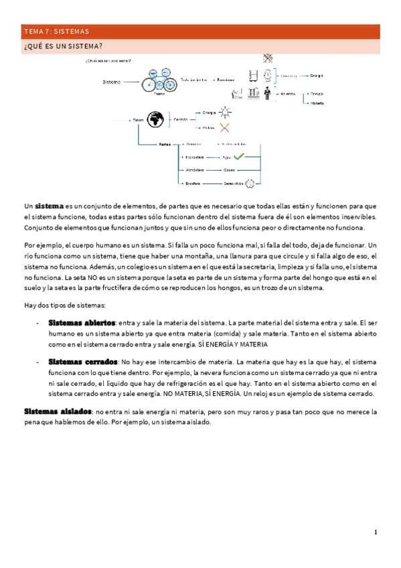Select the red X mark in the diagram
[224, 127]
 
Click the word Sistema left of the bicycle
[112, 82]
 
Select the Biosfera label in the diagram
[194, 182]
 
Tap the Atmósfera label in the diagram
[195, 169]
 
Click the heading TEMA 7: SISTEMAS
[56, 31]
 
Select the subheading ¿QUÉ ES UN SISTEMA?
[63, 46]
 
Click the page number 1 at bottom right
[376, 532]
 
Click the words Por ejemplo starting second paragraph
[42, 246]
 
